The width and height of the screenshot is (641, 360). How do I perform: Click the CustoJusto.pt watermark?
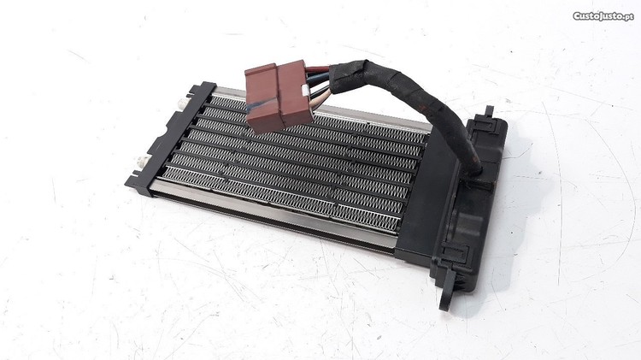click(603, 16)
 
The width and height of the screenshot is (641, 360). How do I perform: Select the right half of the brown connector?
click(294, 93)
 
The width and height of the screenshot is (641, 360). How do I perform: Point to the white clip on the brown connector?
click(304, 91)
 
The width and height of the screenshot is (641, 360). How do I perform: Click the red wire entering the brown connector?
click(318, 69)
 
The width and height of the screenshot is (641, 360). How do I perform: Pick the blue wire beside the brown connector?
click(319, 76)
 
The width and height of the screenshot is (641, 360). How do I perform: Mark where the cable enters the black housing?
click(474, 174)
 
